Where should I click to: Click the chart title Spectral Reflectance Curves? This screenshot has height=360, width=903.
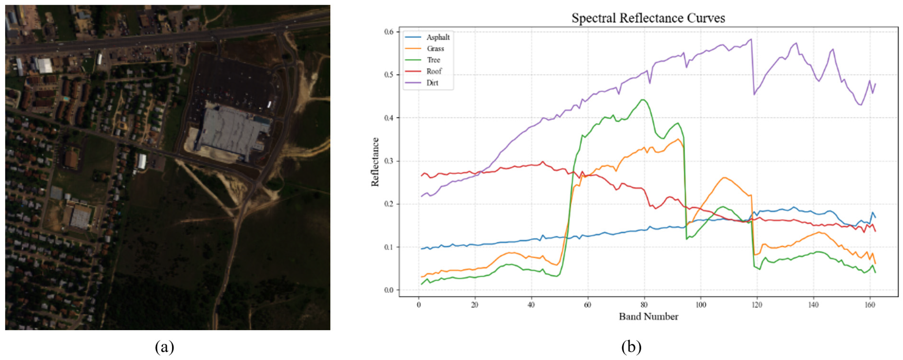pos(648,18)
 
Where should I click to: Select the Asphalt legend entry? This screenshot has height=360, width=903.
pos(438,37)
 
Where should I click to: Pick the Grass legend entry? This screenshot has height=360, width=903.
pos(435,49)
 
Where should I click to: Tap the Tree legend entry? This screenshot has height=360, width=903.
pos(433,60)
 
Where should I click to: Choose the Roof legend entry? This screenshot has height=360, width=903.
pos(434,71)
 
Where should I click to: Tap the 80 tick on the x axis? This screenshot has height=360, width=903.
pos(644,305)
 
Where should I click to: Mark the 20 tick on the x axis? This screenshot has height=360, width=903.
pos(475,305)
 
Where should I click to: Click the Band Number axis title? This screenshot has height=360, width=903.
pos(648,317)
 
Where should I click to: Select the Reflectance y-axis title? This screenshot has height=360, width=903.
pos(375,162)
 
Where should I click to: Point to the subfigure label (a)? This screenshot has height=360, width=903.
pos(164,347)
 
